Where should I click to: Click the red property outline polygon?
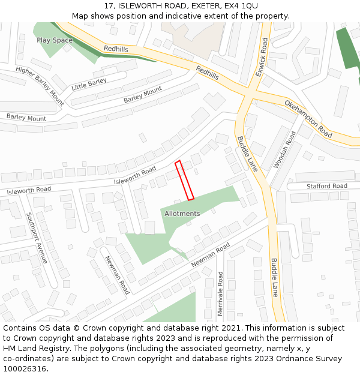[184, 180]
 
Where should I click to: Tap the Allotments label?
[182, 214]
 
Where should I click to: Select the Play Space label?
[55, 40]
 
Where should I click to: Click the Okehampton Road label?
[308, 118]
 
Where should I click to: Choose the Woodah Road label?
[284, 149]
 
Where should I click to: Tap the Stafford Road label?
[327, 187]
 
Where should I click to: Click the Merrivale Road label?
[220, 293]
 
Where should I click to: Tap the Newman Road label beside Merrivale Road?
[211, 256]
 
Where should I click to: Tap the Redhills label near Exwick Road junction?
[207, 73]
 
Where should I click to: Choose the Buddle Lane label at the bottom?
[274, 278]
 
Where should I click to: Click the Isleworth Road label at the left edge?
[29, 190]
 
